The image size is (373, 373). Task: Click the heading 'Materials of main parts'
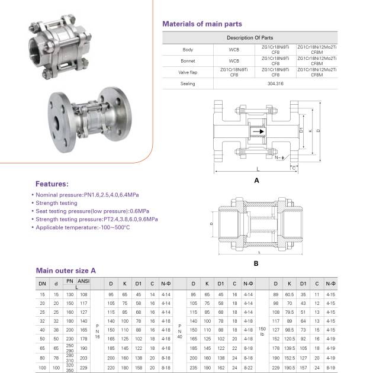[202, 24]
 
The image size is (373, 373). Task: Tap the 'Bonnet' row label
[188, 60]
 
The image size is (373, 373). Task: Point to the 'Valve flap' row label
[188, 72]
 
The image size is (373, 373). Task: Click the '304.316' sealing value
[275, 83]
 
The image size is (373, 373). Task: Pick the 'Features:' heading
[52, 184]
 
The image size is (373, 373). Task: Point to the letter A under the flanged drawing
[256, 179]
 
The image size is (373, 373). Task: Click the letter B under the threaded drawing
[256, 263]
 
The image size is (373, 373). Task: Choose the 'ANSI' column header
[83, 282]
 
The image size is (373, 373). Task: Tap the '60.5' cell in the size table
[290, 294]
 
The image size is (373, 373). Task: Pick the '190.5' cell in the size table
[290, 367]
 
